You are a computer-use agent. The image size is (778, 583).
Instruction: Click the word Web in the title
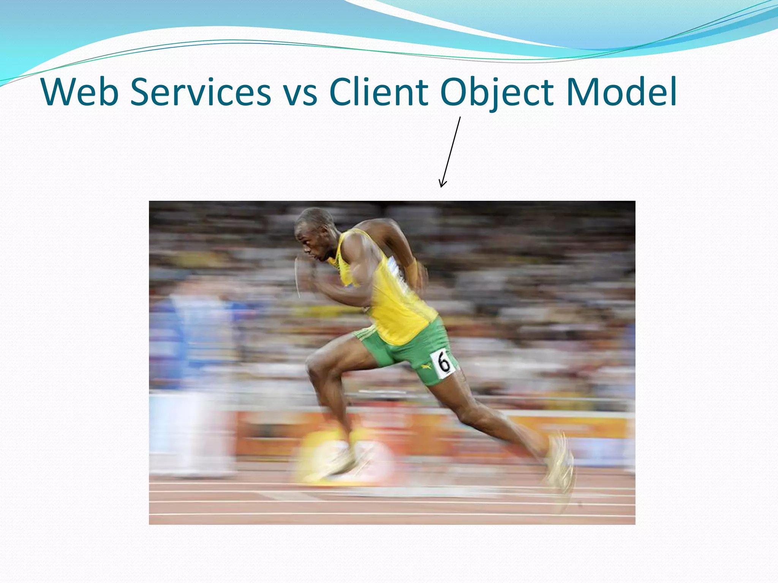(80, 92)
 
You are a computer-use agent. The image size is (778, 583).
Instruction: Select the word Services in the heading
(201, 92)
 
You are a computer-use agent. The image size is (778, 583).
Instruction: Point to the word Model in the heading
(621, 92)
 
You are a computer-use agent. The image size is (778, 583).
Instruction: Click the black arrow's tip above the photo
(441, 186)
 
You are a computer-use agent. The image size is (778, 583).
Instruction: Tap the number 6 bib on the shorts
(443, 363)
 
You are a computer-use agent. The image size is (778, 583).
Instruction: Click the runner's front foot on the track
(342, 461)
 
